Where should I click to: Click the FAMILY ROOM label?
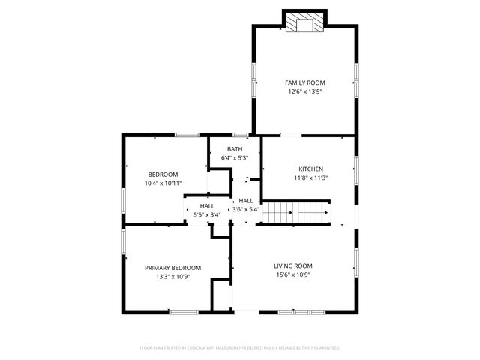pos(304,82)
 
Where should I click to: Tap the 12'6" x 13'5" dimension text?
pos(304,91)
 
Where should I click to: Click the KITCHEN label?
pos(311,169)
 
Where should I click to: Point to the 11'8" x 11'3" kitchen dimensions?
pos(311,178)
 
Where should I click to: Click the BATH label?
pos(235,149)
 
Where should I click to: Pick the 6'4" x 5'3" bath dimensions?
pos(235,158)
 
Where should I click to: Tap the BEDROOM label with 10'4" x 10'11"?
pos(163,174)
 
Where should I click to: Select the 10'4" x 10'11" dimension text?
pos(163,183)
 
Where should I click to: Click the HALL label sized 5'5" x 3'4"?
pos(207,205)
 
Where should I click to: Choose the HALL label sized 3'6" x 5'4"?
pos(245,201)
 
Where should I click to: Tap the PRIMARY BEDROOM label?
pos(172,268)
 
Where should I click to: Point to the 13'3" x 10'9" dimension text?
pos(172,277)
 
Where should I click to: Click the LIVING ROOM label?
pos(292,265)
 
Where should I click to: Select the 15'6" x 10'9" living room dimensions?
pos(292,274)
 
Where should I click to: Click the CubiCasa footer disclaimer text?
pos(240,347)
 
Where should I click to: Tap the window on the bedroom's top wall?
pos(187,135)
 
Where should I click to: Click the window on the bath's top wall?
pos(240,135)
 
